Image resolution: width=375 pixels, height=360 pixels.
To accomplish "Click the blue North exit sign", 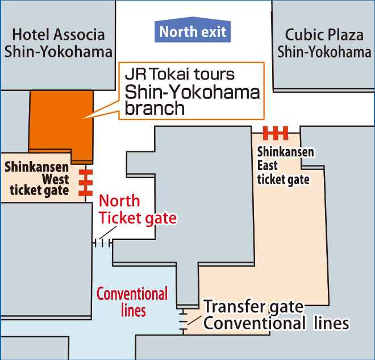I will (193, 31).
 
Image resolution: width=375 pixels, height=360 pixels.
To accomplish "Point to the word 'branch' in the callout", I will (155, 108).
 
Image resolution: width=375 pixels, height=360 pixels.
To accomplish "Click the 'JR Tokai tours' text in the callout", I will (180, 75).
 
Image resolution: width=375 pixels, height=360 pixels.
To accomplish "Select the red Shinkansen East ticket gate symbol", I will (276, 133).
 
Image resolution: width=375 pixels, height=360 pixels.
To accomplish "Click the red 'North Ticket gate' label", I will (137, 210).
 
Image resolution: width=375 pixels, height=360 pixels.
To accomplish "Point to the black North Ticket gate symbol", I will (102, 243).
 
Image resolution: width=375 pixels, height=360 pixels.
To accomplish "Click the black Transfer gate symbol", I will (183, 320).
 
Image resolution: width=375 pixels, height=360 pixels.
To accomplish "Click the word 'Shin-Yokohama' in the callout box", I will (192, 92).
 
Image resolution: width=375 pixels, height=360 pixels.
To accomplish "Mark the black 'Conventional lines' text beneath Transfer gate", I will (276, 324).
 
